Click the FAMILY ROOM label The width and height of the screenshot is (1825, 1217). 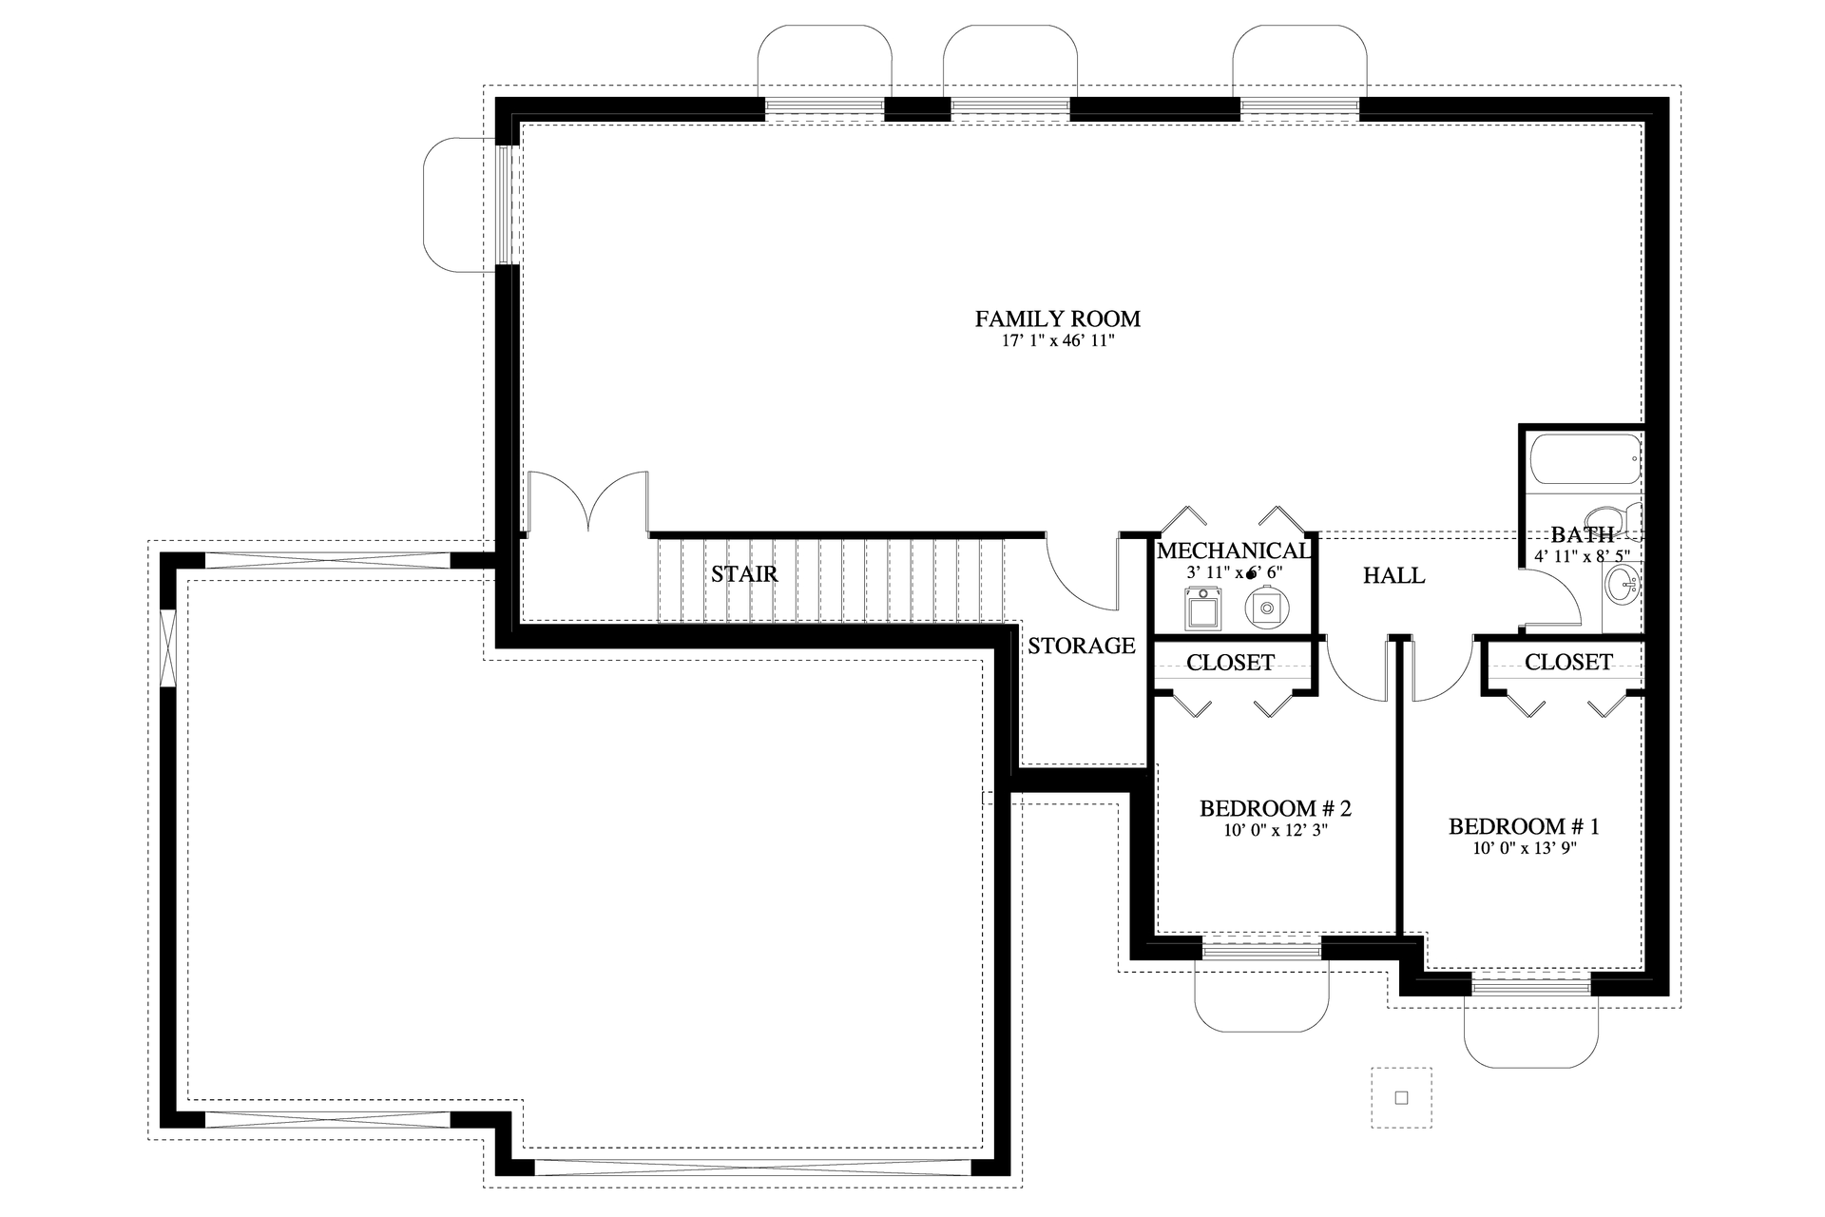click(x=1057, y=319)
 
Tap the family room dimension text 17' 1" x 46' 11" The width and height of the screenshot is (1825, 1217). click(x=1057, y=342)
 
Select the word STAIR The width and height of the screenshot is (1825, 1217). click(x=744, y=574)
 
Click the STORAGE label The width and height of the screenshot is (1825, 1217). click(x=1081, y=646)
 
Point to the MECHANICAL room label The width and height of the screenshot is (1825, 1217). click(x=1233, y=551)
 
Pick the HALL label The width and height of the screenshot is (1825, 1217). click(x=1393, y=575)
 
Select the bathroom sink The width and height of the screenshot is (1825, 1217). click(x=1622, y=585)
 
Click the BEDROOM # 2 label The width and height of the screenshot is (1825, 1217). click(x=1275, y=809)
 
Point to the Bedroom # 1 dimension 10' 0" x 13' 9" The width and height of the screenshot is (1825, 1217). click(x=1524, y=849)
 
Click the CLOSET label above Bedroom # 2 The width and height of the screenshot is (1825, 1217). click(x=1230, y=663)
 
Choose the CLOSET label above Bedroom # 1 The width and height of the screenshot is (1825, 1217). click(x=1567, y=662)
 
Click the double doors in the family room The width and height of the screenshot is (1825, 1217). click(x=589, y=504)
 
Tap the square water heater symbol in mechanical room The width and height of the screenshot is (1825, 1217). click(x=1203, y=608)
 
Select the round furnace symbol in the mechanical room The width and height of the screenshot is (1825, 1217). click(x=1265, y=606)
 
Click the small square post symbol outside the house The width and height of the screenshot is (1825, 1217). click(x=1401, y=1097)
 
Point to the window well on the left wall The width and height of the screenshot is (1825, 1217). click(x=459, y=204)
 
